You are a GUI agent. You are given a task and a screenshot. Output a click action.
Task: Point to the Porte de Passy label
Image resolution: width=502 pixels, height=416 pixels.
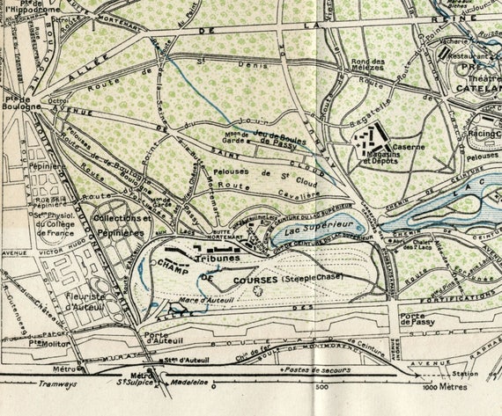417,318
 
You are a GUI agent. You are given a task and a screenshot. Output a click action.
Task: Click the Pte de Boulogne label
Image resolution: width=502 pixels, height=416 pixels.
15,102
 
